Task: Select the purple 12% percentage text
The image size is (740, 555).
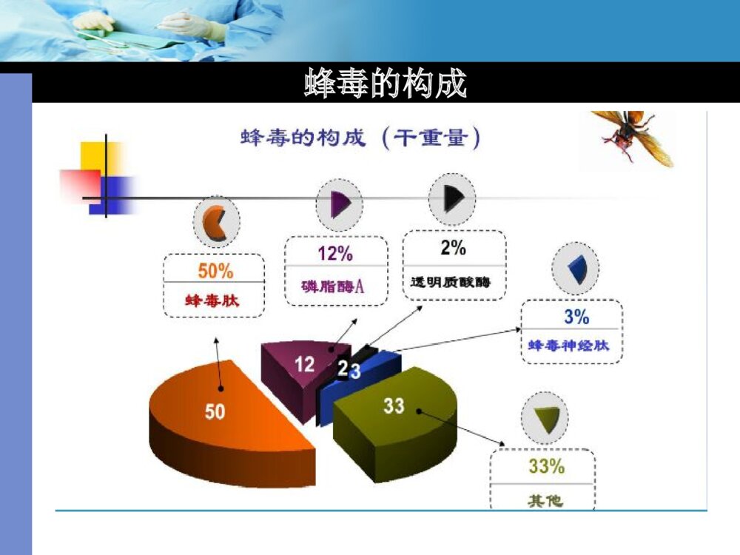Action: [x=335, y=254]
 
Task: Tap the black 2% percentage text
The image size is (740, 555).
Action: [x=453, y=249]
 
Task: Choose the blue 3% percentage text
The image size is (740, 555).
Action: [x=576, y=317]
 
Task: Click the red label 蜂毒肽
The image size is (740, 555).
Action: [x=213, y=300]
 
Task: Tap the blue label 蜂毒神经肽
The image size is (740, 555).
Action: [x=569, y=345]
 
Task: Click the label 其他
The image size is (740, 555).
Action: [x=545, y=501]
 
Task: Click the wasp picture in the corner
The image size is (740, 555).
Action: [x=633, y=137]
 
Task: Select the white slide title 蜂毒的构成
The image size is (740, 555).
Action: [x=386, y=84]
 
